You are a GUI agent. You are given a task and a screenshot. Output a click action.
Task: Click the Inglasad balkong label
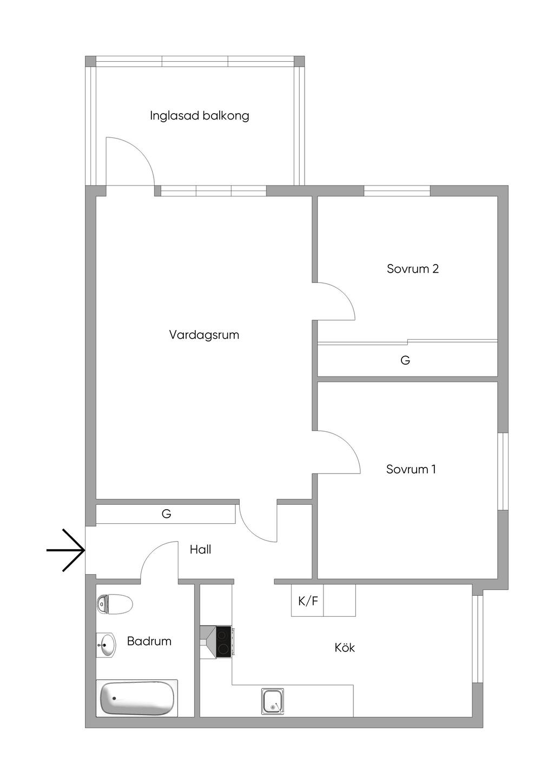[200, 116]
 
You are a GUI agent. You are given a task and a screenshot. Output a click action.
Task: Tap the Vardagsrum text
[204, 335]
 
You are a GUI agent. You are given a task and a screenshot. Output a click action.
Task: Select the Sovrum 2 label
[413, 269]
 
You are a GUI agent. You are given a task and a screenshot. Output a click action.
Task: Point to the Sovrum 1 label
[411, 469]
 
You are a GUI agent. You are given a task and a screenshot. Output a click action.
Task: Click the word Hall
[201, 550]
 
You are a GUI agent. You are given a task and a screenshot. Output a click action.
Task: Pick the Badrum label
[149, 641]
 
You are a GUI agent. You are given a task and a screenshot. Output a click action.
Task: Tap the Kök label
[345, 648]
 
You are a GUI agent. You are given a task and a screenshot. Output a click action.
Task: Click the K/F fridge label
[308, 601]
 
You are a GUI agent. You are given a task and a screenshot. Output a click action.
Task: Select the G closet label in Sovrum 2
[405, 360]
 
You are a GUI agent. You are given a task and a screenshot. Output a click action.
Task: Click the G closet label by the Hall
[166, 514]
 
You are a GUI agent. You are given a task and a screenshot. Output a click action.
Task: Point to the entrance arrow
[66, 551]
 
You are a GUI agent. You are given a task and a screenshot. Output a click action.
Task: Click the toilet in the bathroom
[115, 604]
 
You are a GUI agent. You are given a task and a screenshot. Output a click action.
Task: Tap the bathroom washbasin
[106, 645]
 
